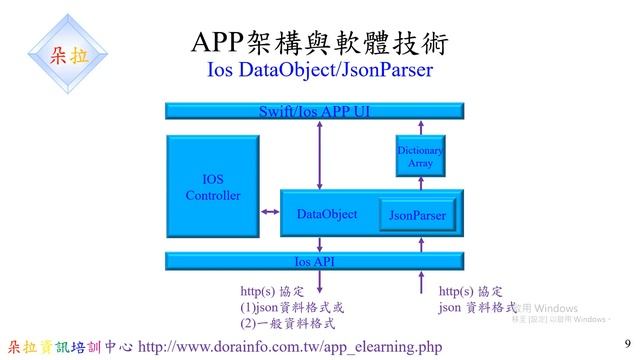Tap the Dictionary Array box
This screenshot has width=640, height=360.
point(419,155)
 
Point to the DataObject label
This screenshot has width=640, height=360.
point(327,214)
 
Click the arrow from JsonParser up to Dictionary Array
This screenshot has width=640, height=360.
point(421,187)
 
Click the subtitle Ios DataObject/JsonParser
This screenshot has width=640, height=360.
point(320,72)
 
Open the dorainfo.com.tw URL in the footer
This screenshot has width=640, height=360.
point(290,347)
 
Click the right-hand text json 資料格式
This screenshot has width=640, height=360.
point(477,308)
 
